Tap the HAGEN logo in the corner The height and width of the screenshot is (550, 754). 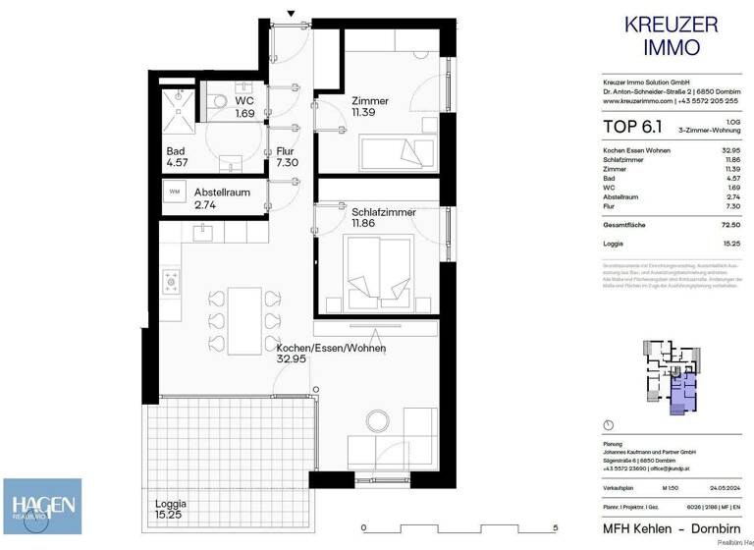point(40,508)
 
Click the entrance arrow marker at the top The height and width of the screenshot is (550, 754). point(291,13)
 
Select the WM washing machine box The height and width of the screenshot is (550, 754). point(175,191)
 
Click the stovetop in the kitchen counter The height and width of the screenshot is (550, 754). point(170,284)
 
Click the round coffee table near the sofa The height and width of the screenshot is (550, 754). point(378,421)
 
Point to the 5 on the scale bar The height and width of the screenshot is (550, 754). point(556,527)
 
